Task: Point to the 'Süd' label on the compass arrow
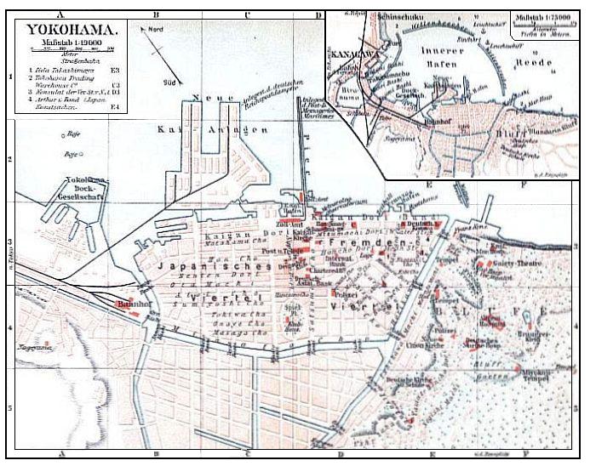(169, 83)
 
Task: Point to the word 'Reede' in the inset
(537, 62)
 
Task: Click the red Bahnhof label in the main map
(128, 303)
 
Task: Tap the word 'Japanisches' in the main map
(198, 266)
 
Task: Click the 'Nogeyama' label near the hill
(32, 349)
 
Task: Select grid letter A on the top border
(60, 14)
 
